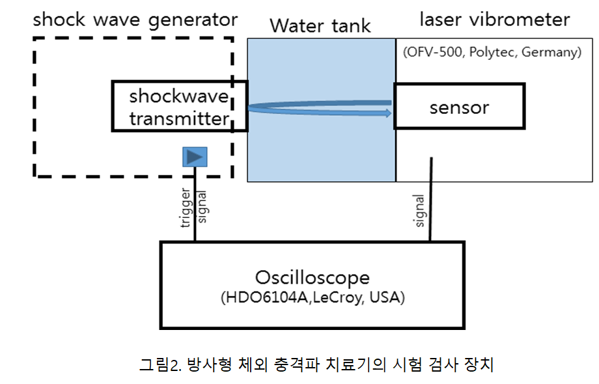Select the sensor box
[458, 106]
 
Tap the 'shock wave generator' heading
[135, 19]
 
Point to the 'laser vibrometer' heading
[494, 20]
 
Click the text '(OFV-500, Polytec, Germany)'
[492, 53]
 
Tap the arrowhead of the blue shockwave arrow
[388, 113]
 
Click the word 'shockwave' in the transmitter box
[179, 97]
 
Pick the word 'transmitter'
[179, 118]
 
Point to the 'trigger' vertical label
[186, 208]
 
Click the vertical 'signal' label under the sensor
[419, 211]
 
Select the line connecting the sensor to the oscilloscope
[430, 202]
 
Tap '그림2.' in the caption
[159, 364]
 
